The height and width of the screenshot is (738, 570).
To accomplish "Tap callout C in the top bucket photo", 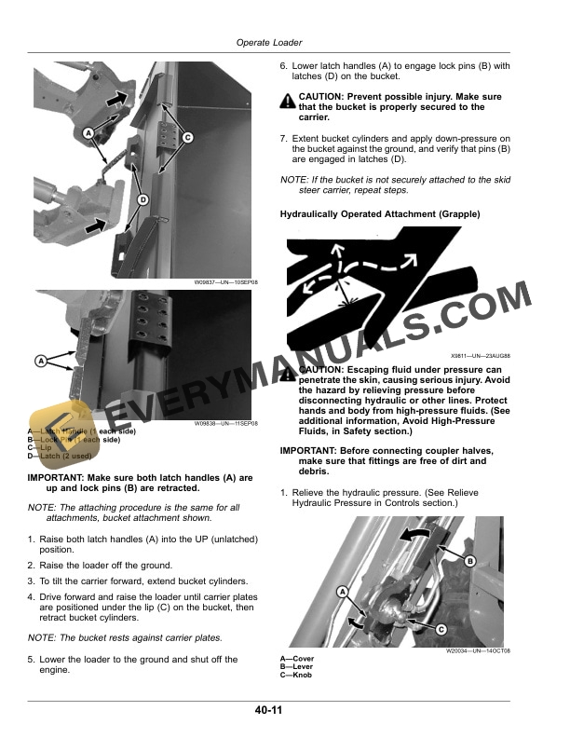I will [187, 138].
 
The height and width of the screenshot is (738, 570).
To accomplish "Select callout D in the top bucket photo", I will [142, 199].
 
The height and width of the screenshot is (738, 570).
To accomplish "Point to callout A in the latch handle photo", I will [42, 360].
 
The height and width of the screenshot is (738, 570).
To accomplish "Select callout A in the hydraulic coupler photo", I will [342, 592].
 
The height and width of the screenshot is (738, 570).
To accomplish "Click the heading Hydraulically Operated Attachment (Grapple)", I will [380, 214].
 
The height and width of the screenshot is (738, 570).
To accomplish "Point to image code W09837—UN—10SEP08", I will [225, 281].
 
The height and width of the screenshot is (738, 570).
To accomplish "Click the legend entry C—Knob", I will [296, 675].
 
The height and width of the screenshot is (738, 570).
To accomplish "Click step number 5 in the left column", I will [31, 660].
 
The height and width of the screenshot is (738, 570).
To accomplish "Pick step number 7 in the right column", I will [284, 138].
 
